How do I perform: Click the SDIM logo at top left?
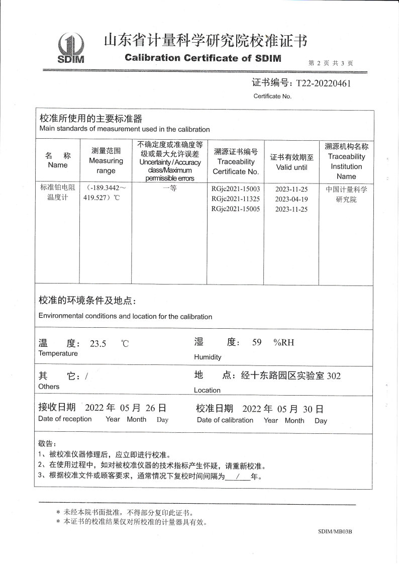[71, 49]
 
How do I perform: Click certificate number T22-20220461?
[323, 83]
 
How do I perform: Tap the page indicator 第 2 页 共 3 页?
[330, 63]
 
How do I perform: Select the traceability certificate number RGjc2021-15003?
[236, 189]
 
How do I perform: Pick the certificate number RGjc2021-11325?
[236, 199]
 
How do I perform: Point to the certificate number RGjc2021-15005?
[236, 209]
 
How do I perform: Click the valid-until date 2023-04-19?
[291, 199]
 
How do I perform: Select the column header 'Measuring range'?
[106, 161]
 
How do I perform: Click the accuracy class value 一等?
[169, 190]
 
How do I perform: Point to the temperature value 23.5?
[98, 344]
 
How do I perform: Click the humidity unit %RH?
[283, 343]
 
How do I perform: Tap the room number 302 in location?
[334, 375]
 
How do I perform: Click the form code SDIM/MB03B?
[335, 531]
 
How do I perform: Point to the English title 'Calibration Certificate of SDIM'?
[203, 58]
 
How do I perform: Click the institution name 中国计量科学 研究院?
[346, 195]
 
